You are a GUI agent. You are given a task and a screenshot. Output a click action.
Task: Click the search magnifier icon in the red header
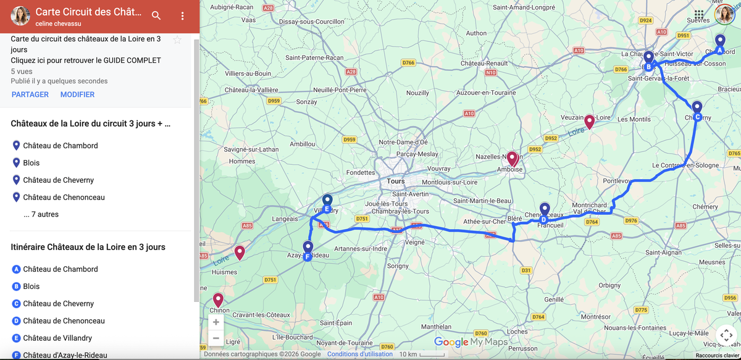click(x=156, y=15)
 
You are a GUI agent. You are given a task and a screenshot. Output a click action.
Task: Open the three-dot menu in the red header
click(x=182, y=15)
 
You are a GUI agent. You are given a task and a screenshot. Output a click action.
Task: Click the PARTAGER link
click(x=30, y=94)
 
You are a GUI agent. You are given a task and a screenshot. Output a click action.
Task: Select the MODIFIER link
click(x=77, y=94)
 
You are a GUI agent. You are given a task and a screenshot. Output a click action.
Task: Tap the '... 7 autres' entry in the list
click(x=41, y=214)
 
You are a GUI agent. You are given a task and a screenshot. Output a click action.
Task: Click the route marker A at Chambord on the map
click(x=720, y=43)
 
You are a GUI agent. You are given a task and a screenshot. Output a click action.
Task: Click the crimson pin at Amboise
click(x=512, y=159)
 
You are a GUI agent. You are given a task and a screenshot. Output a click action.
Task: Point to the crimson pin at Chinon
click(x=217, y=300)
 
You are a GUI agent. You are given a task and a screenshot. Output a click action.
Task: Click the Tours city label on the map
click(x=396, y=182)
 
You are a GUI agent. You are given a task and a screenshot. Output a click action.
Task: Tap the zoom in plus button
click(x=216, y=322)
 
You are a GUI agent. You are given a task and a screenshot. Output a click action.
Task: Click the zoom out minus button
click(x=216, y=338)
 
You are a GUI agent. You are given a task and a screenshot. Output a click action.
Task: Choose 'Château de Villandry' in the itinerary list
click(x=57, y=338)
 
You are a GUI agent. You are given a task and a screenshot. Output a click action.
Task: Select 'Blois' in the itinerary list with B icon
click(x=31, y=287)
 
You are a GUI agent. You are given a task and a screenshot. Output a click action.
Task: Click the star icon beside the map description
click(x=177, y=40)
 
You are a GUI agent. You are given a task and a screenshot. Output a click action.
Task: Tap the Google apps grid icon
click(x=698, y=14)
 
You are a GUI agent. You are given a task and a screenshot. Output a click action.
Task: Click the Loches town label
click(x=517, y=332)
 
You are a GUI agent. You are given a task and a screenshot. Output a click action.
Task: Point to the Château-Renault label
click(x=484, y=64)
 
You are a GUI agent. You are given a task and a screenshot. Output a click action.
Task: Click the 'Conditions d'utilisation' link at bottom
click(x=359, y=354)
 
